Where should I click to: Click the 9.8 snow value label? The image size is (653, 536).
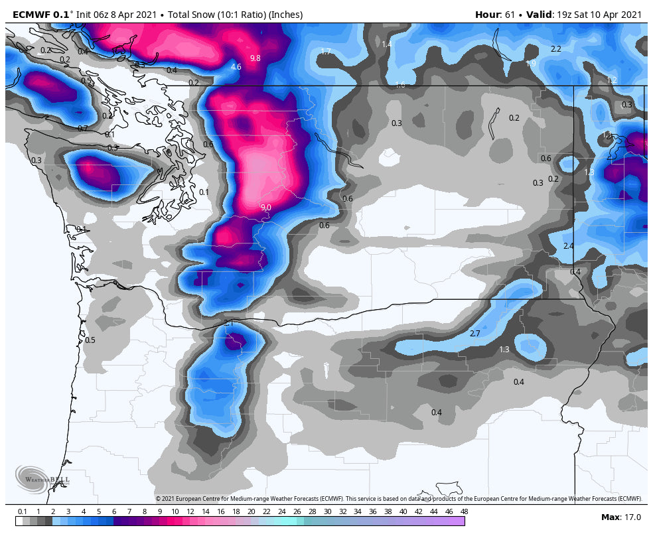coord(255,58)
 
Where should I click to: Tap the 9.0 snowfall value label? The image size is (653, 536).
coord(265,208)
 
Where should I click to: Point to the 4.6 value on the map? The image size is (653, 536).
coord(236,67)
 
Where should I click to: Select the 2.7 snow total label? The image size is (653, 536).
coord(474,333)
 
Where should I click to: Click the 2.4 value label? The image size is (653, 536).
coord(568,246)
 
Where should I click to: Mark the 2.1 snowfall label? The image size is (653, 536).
coord(229,323)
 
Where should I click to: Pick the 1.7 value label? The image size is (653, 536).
coord(326,52)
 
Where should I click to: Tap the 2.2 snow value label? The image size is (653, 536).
coord(556,49)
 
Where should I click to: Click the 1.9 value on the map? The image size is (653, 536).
coord(530,64)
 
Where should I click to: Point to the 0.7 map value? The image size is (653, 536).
coord(83,129)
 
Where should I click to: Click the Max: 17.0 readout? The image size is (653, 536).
coord(621,517)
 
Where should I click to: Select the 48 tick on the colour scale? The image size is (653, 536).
coord(463,511)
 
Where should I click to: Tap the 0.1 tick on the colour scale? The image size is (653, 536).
coord(23,511)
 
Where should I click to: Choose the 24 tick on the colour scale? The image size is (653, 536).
coord(281,511)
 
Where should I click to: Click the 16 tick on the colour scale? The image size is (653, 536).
coord(221,511)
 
